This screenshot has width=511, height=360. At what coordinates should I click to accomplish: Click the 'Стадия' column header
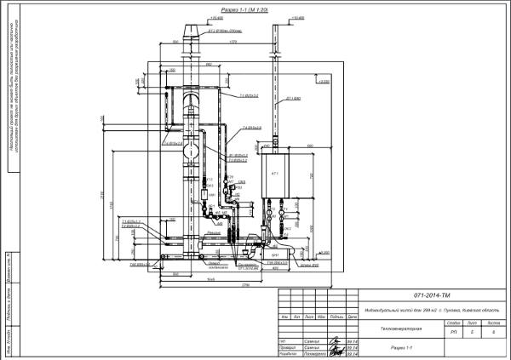[454, 323]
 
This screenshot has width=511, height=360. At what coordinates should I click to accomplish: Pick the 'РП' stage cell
[454, 333]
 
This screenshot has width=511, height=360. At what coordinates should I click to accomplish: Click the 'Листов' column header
[492, 323]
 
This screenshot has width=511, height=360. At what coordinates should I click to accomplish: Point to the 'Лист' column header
[473, 323]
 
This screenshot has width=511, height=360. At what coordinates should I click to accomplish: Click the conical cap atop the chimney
[190, 32]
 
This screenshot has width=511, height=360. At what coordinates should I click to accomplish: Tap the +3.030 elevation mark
[324, 82]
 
